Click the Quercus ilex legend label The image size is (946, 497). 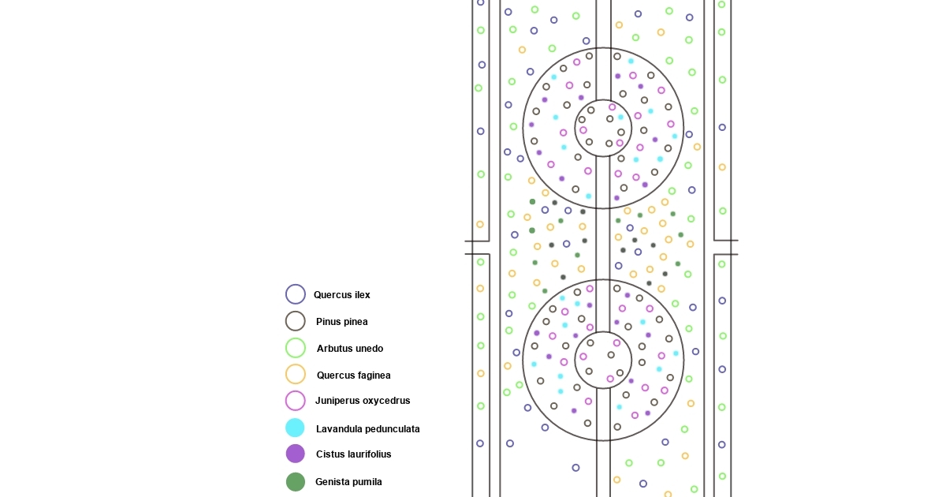pos(341,295)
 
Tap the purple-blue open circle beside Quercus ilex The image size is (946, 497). pos(296,294)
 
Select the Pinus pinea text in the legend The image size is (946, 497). pos(341,322)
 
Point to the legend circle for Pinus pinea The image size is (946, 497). pos(296,321)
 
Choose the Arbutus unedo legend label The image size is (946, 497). pos(349,349)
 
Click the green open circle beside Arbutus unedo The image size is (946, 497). pos(296,348)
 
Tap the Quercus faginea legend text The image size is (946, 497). pos(353,376)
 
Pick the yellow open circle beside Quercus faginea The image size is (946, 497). pos(296,374)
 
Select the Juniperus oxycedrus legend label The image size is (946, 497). pos(363,401)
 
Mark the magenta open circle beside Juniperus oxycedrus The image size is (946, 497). pos(296,401)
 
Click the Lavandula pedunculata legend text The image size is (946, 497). pos(367,429)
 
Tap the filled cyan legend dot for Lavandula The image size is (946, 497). pos(296,428)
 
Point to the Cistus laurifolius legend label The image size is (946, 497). pos(353,454)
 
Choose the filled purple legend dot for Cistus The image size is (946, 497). pos(296,454)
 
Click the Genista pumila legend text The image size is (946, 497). pos(348,482)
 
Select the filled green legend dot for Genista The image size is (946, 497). pos(296,482)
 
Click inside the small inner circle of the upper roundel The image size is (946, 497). pos(603,128)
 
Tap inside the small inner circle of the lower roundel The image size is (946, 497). pos(603,361)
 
